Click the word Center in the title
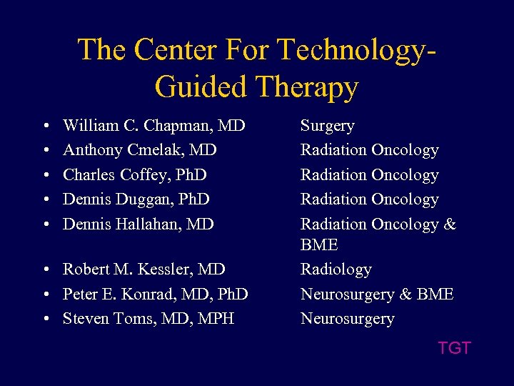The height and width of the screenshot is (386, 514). pyautogui.click(x=169, y=49)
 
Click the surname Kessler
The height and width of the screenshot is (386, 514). pyautogui.click(x=169, y=269)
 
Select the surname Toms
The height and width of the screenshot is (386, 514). pyautogui.click(x=133, y=318)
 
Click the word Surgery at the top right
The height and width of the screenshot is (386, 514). pyautogui.click(x=327, y=127)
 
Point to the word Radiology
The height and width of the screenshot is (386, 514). pyautogui.click(x=336, y=270)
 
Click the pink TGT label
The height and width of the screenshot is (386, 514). pyautogui.click(x=454, y=348)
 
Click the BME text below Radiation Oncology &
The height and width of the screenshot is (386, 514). pyautogui.click(x=319, y=245)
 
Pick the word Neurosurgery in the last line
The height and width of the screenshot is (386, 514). pyautogui.click(x=347, y=319)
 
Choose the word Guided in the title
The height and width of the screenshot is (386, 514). pyautogui.click(x=188, y=87)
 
